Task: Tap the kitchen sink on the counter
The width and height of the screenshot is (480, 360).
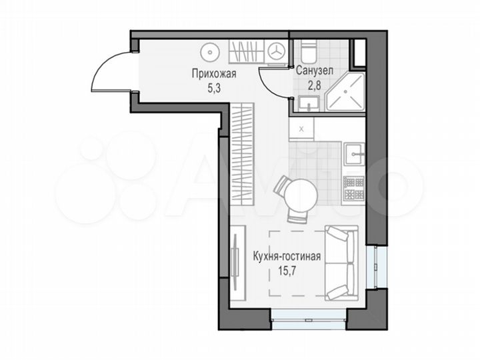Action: [353, 153]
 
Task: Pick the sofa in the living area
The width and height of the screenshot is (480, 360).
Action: [341, 263]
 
